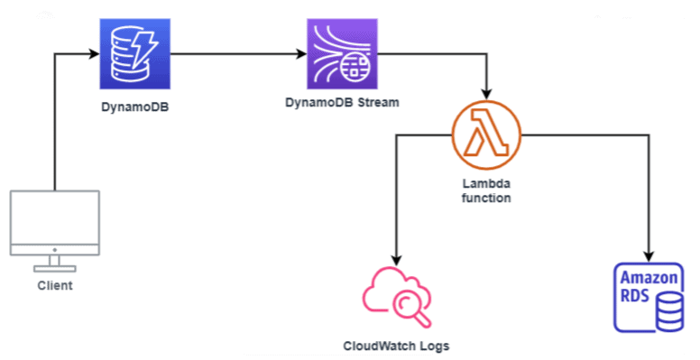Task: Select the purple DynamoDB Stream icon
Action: coord(339,56)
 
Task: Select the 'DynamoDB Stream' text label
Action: coord(340,102)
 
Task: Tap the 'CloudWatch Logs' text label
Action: coord(395,346)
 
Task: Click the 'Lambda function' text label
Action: coord(487,189)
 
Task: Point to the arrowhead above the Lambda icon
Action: coord(487,95)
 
